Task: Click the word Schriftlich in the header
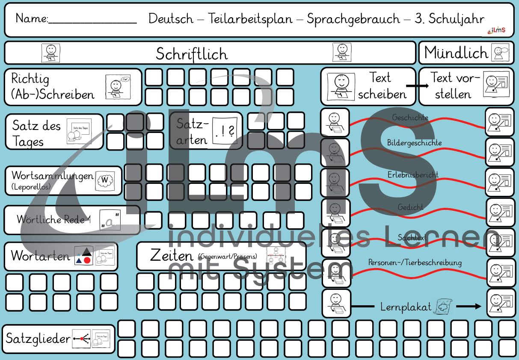click(x=192, y=54)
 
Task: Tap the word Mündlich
click(x=456, y=53)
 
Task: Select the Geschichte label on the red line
click(x=410, y=118)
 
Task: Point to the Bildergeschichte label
click(x=414, y=142)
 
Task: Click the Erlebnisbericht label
click(x=413, y=175)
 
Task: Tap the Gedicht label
click(x=410, y=207)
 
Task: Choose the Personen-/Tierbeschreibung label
click(x=415, y=263)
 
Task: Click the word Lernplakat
click(x=406, y=307)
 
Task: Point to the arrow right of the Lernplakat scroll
click(x=469, y=307)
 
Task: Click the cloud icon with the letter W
click(x=105, y=180)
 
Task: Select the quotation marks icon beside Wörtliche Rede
click(x=110, y=220)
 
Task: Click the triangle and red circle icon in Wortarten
click(x=83, y=256)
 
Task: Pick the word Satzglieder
click(x=38, y=339)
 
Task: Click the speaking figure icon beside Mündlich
click(x=501, y=53)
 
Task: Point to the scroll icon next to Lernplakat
click(x=443, y=307)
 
